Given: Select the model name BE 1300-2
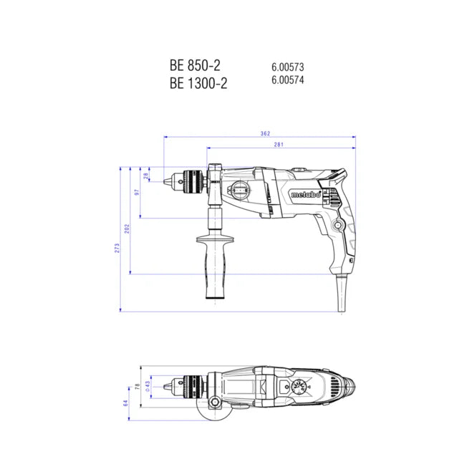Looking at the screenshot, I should click(198, 82).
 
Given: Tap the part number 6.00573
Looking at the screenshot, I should click(287, 67).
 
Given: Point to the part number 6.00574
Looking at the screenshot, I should click(287, 80).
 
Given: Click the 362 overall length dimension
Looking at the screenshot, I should click(265, 133).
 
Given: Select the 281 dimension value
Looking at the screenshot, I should click(279, 145).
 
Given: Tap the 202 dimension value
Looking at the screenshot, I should click(127, 228).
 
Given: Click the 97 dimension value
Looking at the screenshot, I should click(138, 194).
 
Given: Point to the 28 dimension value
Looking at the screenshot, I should click(147, 176).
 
